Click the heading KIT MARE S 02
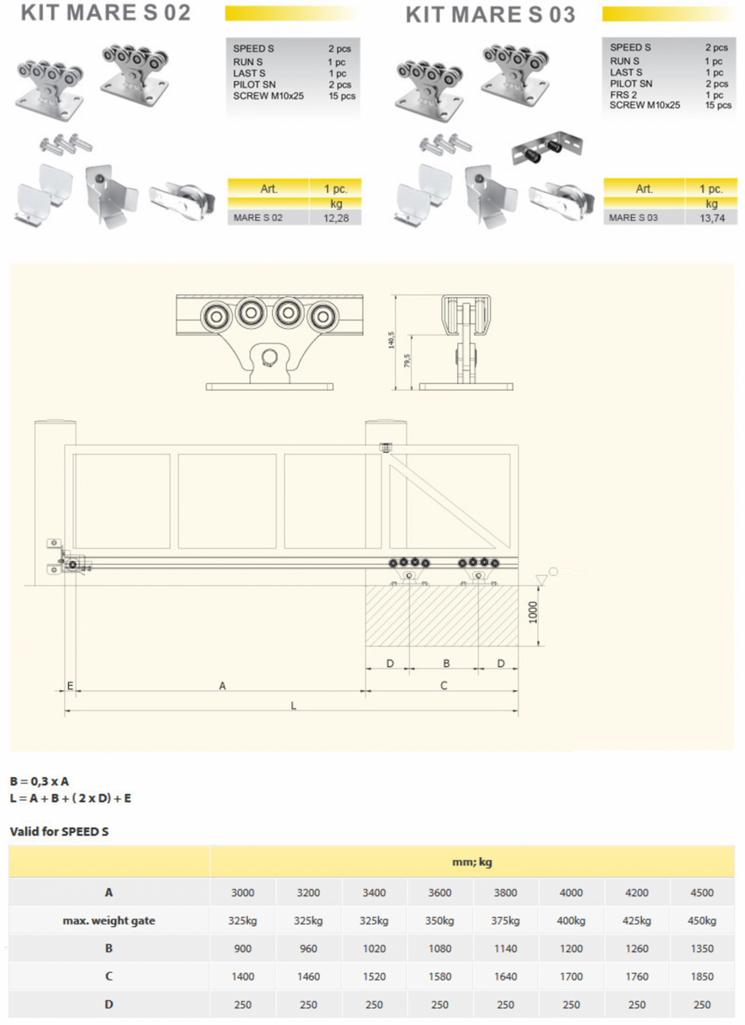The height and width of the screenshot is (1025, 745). pyautogui.click(x=106, y=14)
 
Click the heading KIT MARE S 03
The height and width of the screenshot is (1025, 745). pyautogui.click(x=491, y=15)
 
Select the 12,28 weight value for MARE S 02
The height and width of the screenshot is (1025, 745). pyautogui.click(x=336, y=218)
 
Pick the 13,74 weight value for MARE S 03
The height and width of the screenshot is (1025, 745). pyautogui.click(x=713, y=218)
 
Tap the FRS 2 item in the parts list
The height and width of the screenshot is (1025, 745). pyautogui.click(x=624, y=94)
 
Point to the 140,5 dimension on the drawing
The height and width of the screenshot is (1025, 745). pyautogui.click(x=392, y=340)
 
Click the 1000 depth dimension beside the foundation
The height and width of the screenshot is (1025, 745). pyautogui.click(x=532, y=613)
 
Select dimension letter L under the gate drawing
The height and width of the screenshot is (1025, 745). pyautogui.click(x=293, y=706)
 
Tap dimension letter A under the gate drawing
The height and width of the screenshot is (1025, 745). pyautogui.click(x=222, y=685)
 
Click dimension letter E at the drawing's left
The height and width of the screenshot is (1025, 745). pyautogui.click(x=70, y=685)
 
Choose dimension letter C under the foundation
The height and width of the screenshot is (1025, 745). pyautogui.click(x=444, y=685)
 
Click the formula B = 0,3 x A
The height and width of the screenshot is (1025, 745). pyautogui.click(x=40, y=782)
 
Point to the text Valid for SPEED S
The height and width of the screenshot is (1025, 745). pyautogui.click(x=59, y=831)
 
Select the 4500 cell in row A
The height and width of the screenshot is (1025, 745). pyautogui.click(x=702, y=893)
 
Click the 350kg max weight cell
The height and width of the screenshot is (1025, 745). pyautogui.click(x=440, y=921)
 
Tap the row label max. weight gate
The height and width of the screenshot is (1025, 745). pyautogui.click(x=109, y=921)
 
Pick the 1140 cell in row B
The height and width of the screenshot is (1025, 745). pyautogui.click(x=505, y=949)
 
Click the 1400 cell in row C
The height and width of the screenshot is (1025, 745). pyautogui.click(x=242, y=977)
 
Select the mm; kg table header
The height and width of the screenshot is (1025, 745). pyautogui.click(x=472, y=862)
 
